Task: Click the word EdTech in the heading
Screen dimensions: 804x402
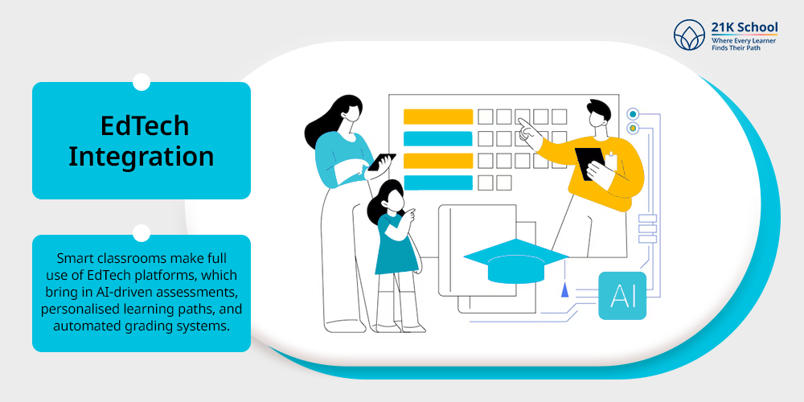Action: (145, 125)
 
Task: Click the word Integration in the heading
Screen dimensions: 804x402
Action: (142, 157)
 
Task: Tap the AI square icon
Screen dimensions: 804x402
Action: (622, 296)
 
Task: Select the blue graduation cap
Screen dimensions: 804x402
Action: (516, 261)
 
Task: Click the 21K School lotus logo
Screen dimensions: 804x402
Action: (689, 35)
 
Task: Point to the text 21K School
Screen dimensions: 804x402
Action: (745, 27)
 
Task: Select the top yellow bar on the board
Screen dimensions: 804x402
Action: (438, 117)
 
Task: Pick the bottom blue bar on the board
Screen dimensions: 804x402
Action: (438, 183)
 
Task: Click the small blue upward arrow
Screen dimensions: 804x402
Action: (564, 289)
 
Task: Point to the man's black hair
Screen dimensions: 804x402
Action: (599, 109)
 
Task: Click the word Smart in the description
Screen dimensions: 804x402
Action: (73, 257)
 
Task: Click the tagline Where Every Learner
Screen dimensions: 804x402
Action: (744, 40)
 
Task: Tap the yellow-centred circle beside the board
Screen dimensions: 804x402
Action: (633, 128)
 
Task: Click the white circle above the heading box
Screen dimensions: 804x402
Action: (141, 82)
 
